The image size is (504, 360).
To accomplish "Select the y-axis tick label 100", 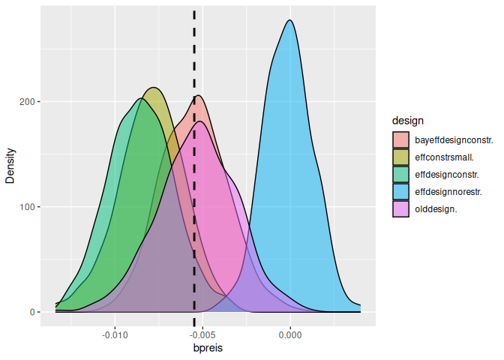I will (31, 207).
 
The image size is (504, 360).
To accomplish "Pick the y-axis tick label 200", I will (31, 101).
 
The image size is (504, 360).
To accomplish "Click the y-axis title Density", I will (10, 164).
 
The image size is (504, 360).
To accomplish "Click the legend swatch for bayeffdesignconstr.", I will (401, 140).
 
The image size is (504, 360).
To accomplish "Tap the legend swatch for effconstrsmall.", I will (401, 157).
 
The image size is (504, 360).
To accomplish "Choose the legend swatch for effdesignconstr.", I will (401, 175).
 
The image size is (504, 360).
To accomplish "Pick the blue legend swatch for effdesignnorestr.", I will (401, 192).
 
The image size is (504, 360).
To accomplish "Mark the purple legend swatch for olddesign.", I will (401, 209).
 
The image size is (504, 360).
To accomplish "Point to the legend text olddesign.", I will (436, 209).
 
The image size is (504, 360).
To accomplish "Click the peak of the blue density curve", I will (290, 20).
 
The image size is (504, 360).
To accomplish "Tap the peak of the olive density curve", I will (154, 88).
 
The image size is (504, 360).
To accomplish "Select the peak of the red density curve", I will (199, 95).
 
